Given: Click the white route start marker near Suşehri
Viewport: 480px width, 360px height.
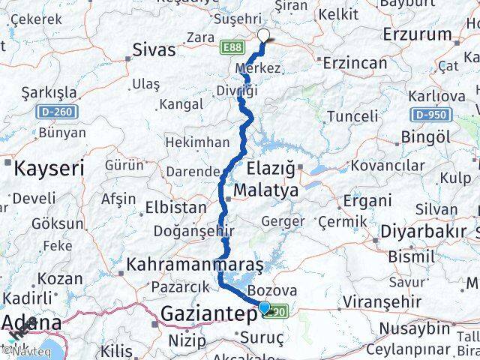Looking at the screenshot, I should (263, 34).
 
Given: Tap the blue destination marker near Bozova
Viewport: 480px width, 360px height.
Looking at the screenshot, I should (264, 306).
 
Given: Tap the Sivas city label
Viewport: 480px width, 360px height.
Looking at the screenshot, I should (154, 50).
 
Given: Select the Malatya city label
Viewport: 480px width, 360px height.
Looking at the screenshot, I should (265, 190).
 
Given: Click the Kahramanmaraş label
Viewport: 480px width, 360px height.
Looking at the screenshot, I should (195, 264).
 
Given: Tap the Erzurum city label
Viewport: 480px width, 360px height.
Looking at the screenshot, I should (417, 34).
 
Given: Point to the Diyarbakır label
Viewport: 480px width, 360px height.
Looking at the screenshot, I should (424, 230).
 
